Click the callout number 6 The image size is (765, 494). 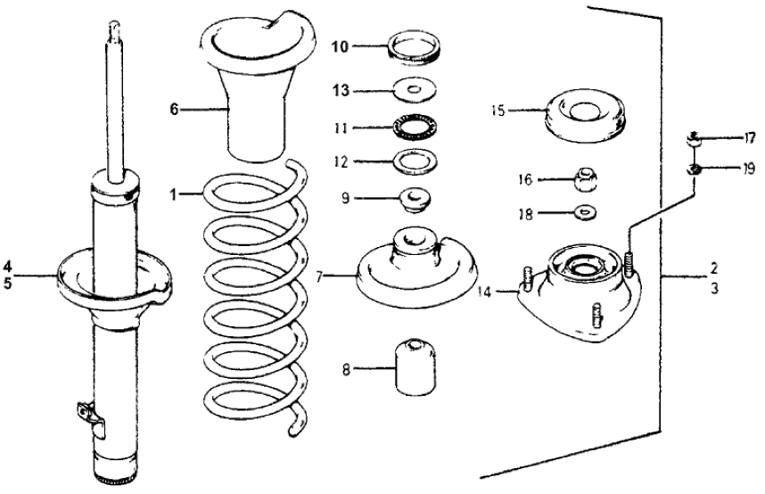click(175, 110)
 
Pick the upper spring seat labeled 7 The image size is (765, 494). click(416, 272)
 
